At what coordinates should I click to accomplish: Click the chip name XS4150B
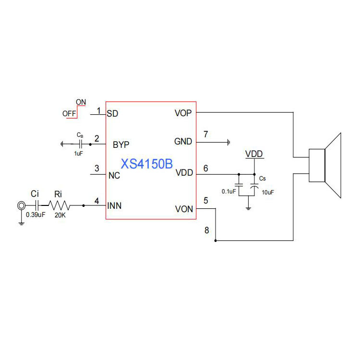pyautogui.click(x=147, y=164)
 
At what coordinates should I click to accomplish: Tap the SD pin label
pyautogui.click(x=112, y=114)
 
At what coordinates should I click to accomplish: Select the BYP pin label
pyautogui.click(x=120, y=144)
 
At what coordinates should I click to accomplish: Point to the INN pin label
pyautogui.click(x=114, y=206)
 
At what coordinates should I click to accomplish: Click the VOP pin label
pyautogui.click(x=184, y=114)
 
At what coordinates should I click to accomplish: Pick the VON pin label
pyautogui.click(x=184, y=209)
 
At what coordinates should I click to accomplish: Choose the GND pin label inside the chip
pyautogui.click(x=183, y=142)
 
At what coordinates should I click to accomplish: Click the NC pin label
pyautogui.click(x=114, y=175)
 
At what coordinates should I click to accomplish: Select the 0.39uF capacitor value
pyautogui.click(x=36, y=215)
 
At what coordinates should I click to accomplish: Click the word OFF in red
pyautogui.click(x=69, y=114)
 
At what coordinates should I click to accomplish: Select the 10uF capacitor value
pyautogui.click(x=268, y=192)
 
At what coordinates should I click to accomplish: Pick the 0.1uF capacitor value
pyautogui.click(x=228, y=192)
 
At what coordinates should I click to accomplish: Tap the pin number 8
pyautogui.click(x=207, y=230)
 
